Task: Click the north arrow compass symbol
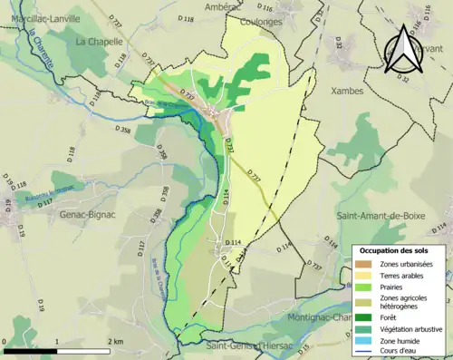[x=403, y=49]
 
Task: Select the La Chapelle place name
[x=93, y=42]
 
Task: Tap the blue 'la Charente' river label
[x=41, y=51]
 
